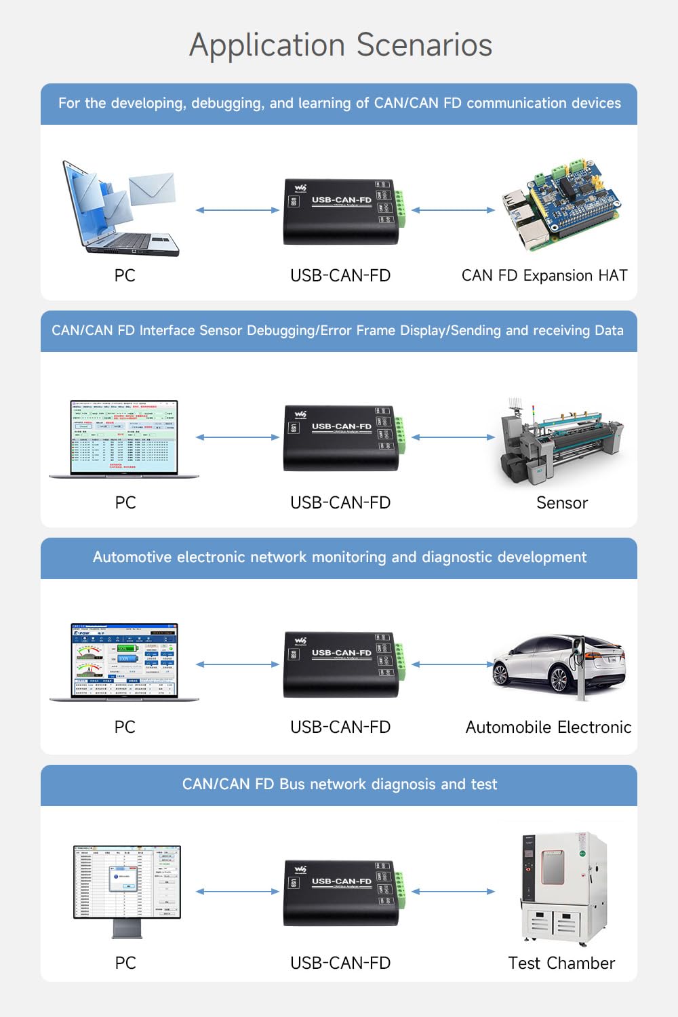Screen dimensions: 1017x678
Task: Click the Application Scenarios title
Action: pos(340,45)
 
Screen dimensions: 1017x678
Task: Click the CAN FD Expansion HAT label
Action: pos(544,276)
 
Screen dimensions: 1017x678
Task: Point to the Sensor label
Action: pos(561,503)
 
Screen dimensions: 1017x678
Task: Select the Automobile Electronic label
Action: pos(548,727)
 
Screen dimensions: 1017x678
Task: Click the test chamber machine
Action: pos(563,888)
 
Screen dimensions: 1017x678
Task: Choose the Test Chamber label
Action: pos(561,963)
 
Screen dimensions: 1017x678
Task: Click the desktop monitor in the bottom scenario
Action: pos(127,889)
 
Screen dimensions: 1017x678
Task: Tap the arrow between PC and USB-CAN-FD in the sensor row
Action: pos(237,437)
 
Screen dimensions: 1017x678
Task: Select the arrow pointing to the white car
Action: pos(453,664)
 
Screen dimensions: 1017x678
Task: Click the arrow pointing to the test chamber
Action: pos(453,892)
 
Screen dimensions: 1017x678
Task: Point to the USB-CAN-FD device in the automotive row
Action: pos(340,664)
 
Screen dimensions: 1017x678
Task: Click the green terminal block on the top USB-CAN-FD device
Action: pos(401,208)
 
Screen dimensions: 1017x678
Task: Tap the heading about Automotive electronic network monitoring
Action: pos(339,557)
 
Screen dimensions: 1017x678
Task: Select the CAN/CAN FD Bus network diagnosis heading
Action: pos(339,784)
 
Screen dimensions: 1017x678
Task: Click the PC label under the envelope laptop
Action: pos(125,276)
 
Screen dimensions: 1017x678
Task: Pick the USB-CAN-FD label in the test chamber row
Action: pos(340,963)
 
